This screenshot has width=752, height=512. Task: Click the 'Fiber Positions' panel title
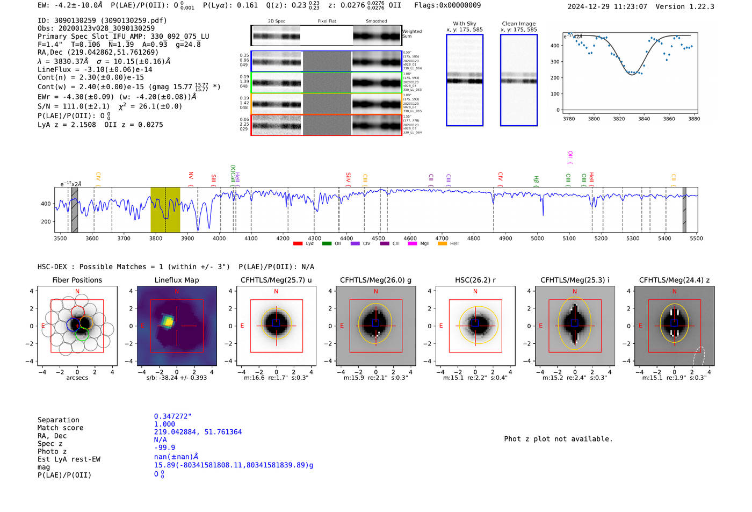click(77, 280)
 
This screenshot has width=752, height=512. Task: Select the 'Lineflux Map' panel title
click(176, 280)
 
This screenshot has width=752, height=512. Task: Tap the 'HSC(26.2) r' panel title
click(475, 280)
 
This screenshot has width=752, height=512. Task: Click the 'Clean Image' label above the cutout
click(518, 24)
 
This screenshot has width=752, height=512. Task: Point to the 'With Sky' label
click(464, 24)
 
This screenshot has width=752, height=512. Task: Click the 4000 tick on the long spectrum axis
click(219, 238)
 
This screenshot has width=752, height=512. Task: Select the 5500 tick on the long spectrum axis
click(696, 238)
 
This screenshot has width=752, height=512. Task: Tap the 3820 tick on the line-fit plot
click(619, 119)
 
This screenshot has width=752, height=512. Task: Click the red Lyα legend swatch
click(298, 243)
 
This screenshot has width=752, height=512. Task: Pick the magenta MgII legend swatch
click(412, 243)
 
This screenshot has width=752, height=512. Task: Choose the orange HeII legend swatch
click(442, 243)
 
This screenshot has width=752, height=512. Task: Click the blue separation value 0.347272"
click(172, 416)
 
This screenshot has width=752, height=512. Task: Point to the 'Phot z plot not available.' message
click(558, 439)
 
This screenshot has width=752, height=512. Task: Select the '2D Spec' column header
click(277, 21)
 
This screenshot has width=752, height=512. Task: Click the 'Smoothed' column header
click(376, 21)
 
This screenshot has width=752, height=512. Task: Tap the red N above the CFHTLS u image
click(276, 291)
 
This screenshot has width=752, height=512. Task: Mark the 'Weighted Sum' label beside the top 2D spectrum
click(412, 34)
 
